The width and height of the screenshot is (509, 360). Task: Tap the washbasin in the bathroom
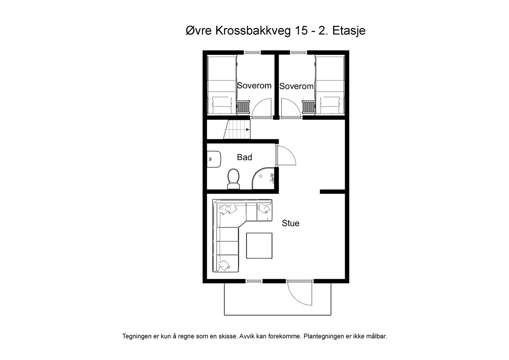pyautogui.click(x=214, y=159)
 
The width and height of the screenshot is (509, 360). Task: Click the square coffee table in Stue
pyautogui.click(x=259, y=246)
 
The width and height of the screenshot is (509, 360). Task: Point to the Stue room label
pyautogui.click(x=291, y=223)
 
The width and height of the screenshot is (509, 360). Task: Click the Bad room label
pyautogui.click(x=245, y=157)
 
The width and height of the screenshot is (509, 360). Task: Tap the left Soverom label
pyautogui.click(x=254, y=86)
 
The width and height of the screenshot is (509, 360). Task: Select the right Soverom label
pyautogui.click(x=296, y=86)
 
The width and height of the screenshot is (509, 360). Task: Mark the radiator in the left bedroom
pyautogui.click(x=243, y=107)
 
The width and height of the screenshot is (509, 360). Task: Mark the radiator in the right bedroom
pyautogui.click(x=309, y=107)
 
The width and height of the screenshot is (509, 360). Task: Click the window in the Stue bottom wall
pyautogui.click(x=254, y=281)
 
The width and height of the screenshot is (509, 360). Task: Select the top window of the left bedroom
pyautogui.click(x=252, y=52)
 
